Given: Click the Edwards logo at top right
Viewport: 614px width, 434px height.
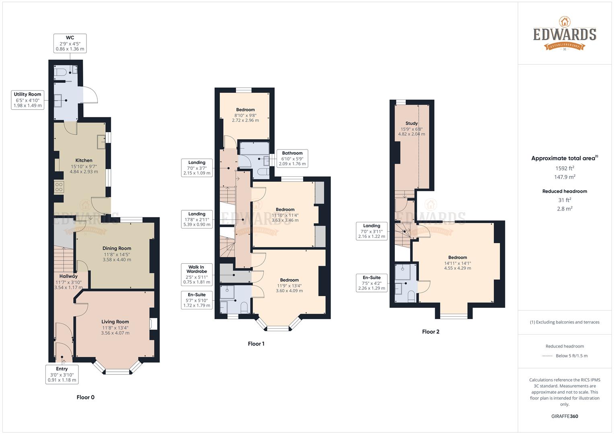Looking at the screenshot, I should pos(565,34).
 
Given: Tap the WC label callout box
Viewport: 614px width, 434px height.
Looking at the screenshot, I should pos(70,43).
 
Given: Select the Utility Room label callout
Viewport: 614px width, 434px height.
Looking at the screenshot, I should pos(28,100).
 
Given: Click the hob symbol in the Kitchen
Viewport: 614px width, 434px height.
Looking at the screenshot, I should pos(59,186).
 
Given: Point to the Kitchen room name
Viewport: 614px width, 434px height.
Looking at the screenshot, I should pos(84,160).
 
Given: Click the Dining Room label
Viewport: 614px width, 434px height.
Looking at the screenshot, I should pos(117,248).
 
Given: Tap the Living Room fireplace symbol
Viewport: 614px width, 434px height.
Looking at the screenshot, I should pos(153,324).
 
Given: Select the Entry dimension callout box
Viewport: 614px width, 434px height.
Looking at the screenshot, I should pos(62,374).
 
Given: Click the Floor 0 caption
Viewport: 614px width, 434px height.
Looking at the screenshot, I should pos(85,397).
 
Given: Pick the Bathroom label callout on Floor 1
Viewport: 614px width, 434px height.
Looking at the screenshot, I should pos(292,158).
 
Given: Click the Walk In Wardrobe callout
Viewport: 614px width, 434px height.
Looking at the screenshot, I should pos(197,274).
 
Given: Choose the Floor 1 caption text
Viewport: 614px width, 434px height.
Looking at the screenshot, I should pos(256,344).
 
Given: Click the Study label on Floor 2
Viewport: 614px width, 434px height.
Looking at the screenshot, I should pos(411,123).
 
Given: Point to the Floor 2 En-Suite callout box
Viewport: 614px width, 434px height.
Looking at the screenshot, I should pos(372,283).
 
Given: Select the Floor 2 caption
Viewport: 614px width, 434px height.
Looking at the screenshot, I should pos(431,332).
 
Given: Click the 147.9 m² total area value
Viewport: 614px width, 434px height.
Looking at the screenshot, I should pos(565,177).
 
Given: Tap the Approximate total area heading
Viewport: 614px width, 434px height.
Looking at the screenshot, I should pos(564,158).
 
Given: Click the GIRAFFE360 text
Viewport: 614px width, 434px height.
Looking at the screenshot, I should pos(565,416).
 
